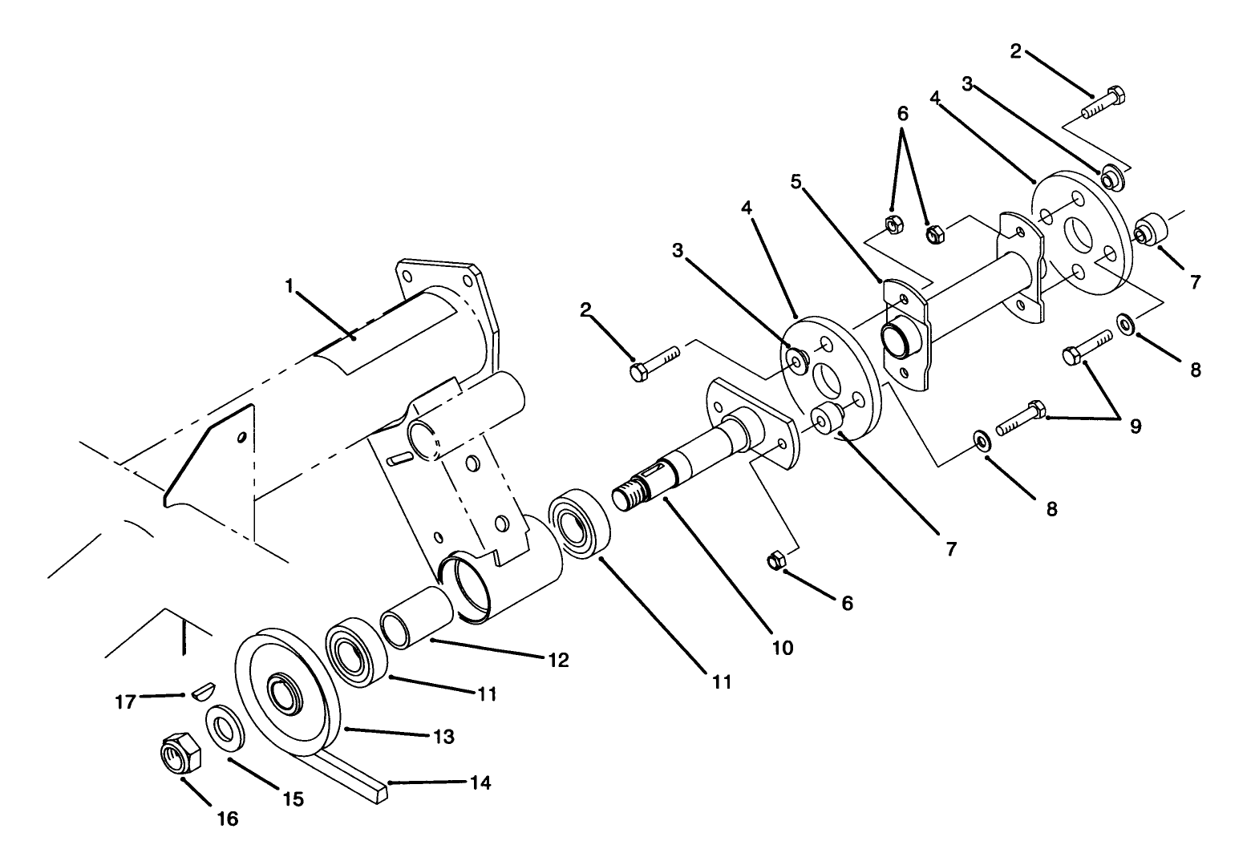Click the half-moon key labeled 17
point(204,691)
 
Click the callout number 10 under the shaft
point(782,647)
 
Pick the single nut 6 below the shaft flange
point(775,560)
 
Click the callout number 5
point(796,182)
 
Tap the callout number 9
point(1136,426)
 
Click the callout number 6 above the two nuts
point(902,114)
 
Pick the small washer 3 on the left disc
point(798,360)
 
